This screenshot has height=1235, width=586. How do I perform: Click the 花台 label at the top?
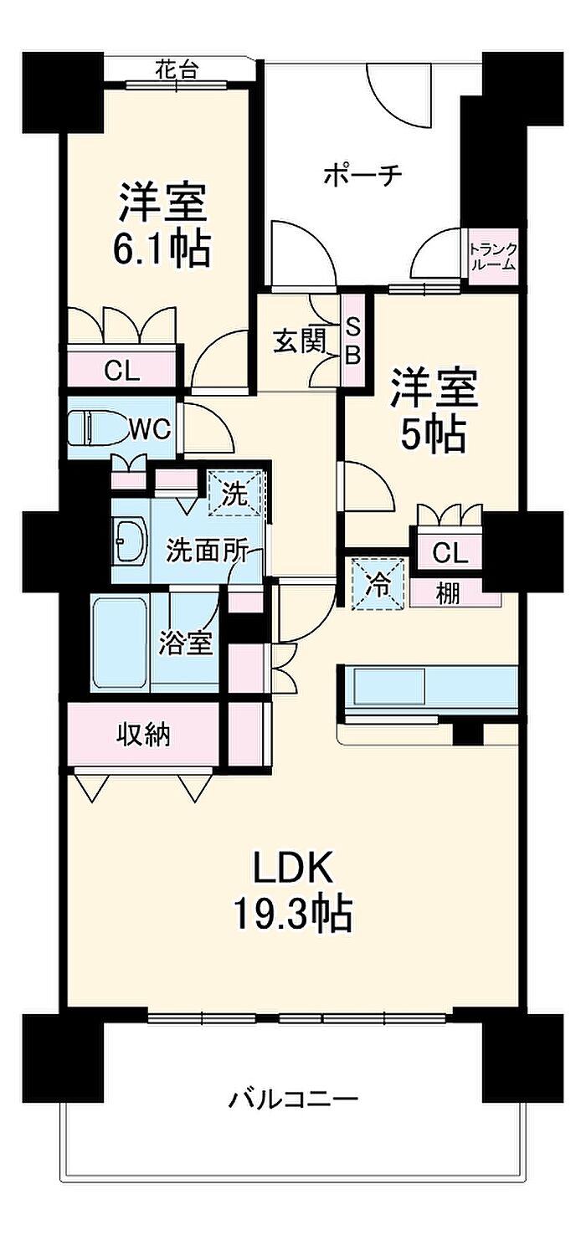tap(176, 70)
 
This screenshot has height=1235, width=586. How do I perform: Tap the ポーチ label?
tap(363, 175)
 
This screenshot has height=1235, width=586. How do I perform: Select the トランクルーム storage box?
tap(493, 257)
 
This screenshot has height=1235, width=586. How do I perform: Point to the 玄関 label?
tap(301, 343)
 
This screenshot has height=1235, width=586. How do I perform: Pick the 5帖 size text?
tap(434, 433)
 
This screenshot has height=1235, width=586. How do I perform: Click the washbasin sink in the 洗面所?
tap(131, 541)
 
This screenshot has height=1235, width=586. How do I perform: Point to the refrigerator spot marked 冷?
tap(379, 584)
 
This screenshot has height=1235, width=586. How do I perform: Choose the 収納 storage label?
tap(143, 735)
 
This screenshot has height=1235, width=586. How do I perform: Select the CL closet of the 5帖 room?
tap(450, 552)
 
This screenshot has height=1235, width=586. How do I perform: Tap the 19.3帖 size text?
tap(294, 915)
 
